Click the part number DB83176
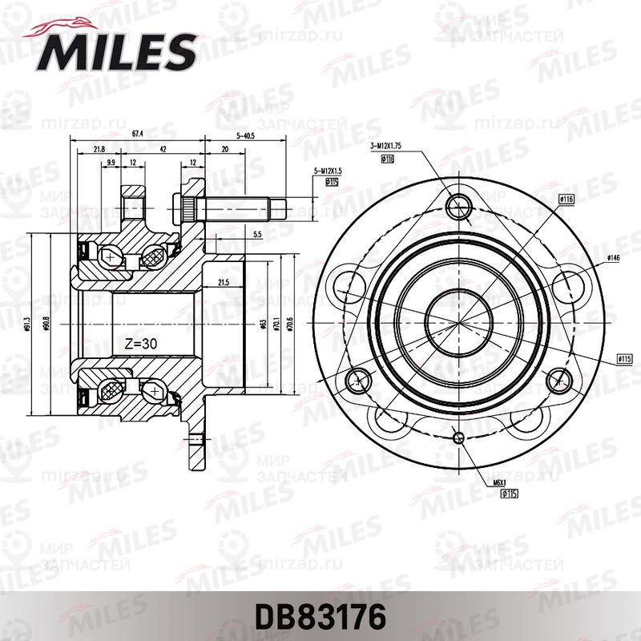point(320,617)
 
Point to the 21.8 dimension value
point(99,149)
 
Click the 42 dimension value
point(163,149)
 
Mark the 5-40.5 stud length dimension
point(244,135)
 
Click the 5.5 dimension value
point(256,234)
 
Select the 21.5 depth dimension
point(224,282)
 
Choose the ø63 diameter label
point(262,324)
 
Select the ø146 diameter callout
point(614,258)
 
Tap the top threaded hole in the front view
point(459,205)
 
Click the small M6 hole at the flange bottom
point(459,437)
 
